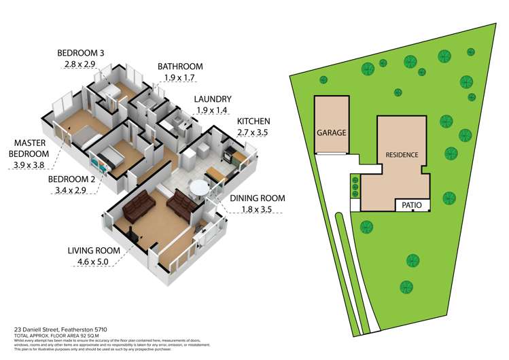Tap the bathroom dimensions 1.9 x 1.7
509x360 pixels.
[179, 78]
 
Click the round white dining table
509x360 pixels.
[199, 188]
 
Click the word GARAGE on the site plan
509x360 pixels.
[331, 133]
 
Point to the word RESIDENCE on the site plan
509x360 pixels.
[401, 154]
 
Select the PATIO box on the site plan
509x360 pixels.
[413, 204]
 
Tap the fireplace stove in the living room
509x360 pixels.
[137, 236]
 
